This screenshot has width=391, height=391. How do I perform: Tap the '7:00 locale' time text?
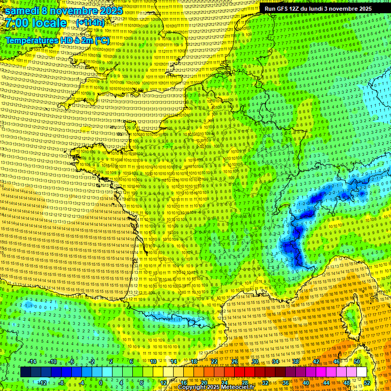(36, 23)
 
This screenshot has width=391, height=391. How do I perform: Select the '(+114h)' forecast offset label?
(91, 23)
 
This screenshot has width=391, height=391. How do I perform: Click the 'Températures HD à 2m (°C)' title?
(57, 40)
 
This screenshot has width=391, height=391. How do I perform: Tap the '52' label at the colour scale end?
(367, 382)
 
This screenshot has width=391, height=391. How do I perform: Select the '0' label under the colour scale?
(101, 382)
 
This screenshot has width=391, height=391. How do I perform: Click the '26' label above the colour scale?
(235, 361)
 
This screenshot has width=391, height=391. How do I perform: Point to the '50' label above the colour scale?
(357, 361)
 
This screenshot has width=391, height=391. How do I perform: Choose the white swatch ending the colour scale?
(361, 372)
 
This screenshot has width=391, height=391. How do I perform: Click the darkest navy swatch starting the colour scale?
(25, 372)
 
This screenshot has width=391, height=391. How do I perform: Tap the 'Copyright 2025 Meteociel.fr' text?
(217, 387)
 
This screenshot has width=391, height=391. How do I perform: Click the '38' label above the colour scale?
(296, 361)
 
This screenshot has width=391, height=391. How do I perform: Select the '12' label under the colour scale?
(163, 382)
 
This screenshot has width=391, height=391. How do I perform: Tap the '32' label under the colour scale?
(265, 382)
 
